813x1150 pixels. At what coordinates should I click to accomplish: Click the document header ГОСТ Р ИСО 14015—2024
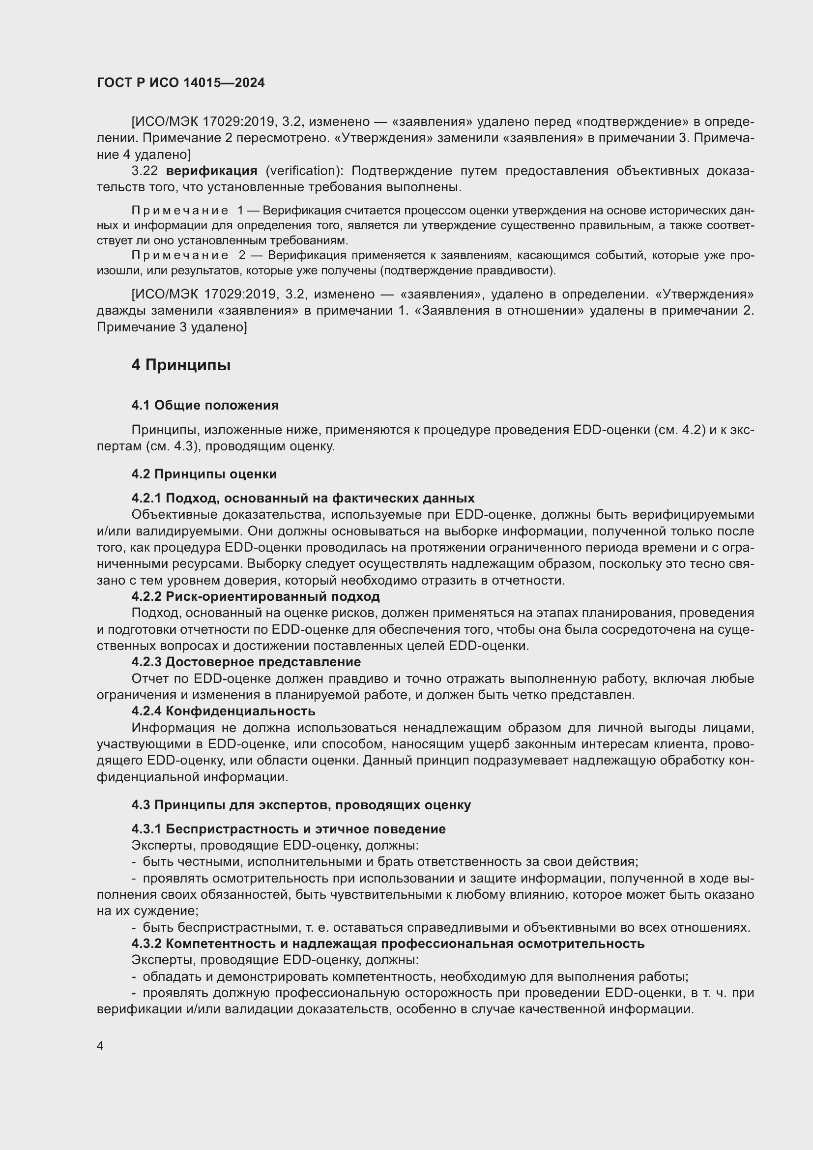point(180,83)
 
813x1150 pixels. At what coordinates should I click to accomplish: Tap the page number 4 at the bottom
point(100,1046)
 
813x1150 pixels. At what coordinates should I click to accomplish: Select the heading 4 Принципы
point(181,365)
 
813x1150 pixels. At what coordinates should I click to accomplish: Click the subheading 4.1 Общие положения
point(205,405)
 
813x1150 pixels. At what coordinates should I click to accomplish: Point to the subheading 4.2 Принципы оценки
point(204,474)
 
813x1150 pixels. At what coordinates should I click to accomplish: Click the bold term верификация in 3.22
point(211,171)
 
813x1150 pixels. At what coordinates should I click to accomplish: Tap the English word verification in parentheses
point(302,171)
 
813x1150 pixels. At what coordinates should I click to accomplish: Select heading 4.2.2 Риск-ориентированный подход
point(255,596)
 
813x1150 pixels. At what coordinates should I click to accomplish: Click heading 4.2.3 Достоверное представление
point(246,662)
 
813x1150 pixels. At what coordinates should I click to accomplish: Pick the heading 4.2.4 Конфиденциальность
point(223,711)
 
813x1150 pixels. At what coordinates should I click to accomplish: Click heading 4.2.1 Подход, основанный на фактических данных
point(303,499)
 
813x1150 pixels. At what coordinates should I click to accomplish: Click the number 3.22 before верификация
point(144,171)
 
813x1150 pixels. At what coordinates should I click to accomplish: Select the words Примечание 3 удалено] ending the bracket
point(172,327)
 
